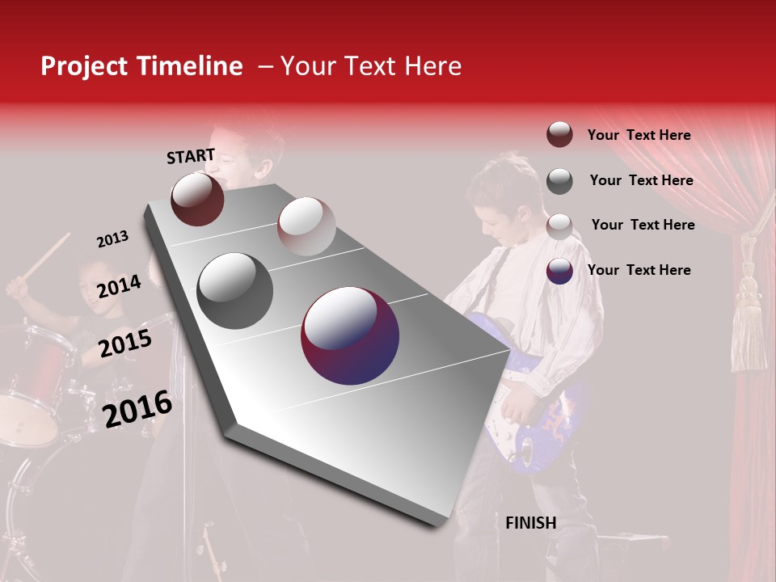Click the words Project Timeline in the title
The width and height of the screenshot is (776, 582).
141,66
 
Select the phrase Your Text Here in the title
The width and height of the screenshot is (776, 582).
371,66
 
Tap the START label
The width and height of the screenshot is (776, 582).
191,156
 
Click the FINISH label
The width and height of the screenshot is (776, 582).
530,523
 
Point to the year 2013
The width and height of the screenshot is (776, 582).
112,239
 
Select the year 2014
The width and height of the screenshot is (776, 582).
119,286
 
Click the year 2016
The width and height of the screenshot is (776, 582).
137,408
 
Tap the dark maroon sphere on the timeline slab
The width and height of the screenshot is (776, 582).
197,199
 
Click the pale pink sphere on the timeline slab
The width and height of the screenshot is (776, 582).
306,226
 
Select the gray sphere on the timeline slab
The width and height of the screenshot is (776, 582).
235,290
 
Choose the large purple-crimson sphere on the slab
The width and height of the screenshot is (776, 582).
349,335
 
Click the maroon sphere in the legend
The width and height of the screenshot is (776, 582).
559,135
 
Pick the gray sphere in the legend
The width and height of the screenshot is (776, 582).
559,181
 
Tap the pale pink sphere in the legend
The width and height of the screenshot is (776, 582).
559,226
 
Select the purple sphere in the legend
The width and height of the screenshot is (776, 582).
559,272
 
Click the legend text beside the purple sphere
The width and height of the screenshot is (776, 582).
639,270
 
